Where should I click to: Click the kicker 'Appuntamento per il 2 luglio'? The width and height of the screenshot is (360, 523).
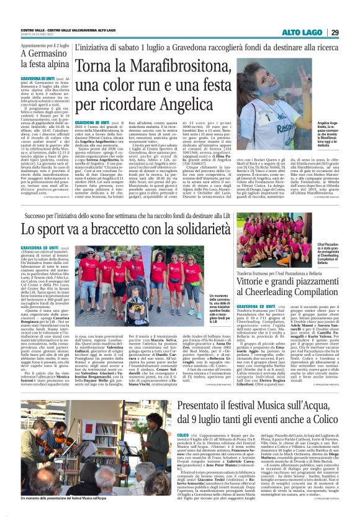click(35, 45)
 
